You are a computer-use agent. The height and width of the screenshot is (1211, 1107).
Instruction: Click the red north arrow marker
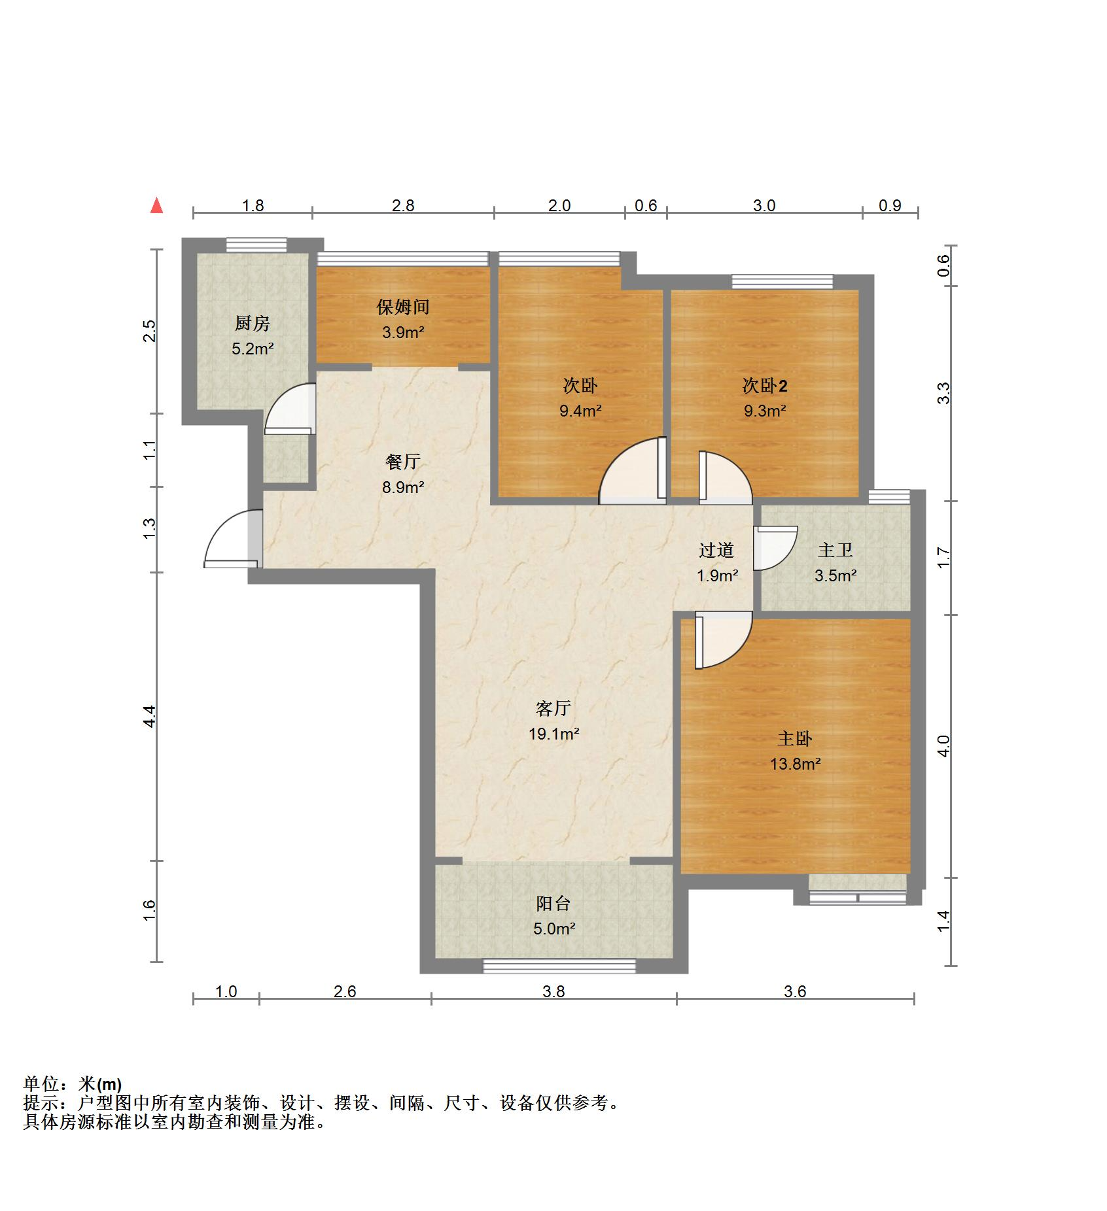pos(156,206)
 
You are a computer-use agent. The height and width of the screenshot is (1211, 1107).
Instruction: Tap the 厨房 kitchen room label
pos(252,323)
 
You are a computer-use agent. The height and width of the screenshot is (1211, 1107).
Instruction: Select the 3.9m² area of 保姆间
pos(403,332)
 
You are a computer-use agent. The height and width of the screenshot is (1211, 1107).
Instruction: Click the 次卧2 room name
pos(764,386)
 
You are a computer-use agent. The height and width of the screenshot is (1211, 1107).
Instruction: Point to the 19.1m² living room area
pos(553,734)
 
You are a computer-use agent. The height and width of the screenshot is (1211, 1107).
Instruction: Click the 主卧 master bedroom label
pos(794,738)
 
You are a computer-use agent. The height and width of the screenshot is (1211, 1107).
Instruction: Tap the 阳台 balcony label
pos(553,903)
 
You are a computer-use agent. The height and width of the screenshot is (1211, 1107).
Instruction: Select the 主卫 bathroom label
pos(835,550)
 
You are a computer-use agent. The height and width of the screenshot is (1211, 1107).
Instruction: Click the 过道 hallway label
pos(716,550)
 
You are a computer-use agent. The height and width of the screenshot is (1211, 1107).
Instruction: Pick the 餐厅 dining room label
pos(402,462)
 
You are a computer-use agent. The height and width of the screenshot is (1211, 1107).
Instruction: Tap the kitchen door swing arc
pos(290,409)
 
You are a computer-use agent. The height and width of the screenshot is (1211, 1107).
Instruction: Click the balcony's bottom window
pos(559,966)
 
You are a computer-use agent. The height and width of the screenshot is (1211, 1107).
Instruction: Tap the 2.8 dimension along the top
pos(403,205)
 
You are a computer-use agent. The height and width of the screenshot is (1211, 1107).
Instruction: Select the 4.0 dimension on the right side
pos(942,745)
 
